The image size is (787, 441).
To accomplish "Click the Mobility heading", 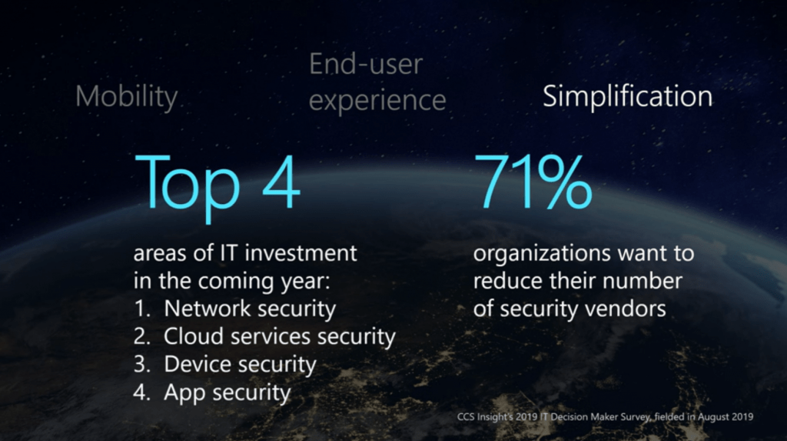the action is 127,97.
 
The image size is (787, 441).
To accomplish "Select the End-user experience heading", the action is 377,82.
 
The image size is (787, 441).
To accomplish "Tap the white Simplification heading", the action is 627,96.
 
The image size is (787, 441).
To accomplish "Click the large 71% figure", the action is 533,182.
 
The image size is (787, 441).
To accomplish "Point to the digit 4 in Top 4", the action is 281,182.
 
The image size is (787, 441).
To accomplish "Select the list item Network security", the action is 250,309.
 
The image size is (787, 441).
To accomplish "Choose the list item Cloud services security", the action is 280,336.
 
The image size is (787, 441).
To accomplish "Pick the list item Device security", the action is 240,365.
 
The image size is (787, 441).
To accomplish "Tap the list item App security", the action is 227,393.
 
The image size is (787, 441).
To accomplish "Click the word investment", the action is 301,253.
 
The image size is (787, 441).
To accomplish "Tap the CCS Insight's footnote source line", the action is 605,417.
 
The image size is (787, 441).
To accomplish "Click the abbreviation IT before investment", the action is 229,253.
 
